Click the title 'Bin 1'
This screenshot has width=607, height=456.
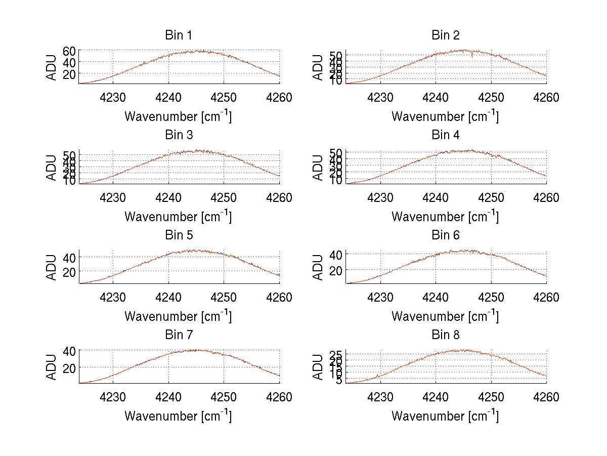[x=178, y=35]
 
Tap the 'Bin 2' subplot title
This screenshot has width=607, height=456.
[x=445, y=35]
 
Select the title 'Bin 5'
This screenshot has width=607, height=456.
[x=178, y=235]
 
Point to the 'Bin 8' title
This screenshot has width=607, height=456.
[x=445, y=335]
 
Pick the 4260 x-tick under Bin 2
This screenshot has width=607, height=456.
[x=546, y=97]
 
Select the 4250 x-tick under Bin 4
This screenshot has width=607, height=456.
[x=491, y=197]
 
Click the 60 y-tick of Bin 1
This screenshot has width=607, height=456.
[x=69, y=51]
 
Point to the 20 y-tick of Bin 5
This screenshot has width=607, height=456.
[x=69, y=272]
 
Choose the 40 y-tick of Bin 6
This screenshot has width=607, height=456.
[x=336, y=254]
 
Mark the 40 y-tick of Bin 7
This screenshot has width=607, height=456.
[x=69, y=350]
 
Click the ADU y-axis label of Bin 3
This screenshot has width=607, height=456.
[x=52, y=168]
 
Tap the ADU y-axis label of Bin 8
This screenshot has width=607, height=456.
[x=319, y=367]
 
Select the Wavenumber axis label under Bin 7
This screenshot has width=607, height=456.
[x=178, y=416]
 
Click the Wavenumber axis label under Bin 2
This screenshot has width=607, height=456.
[x=445, y=116]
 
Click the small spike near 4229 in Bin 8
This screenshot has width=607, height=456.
[x=377, y=376]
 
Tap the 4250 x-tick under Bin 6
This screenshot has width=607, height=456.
[x=491, y=297]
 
